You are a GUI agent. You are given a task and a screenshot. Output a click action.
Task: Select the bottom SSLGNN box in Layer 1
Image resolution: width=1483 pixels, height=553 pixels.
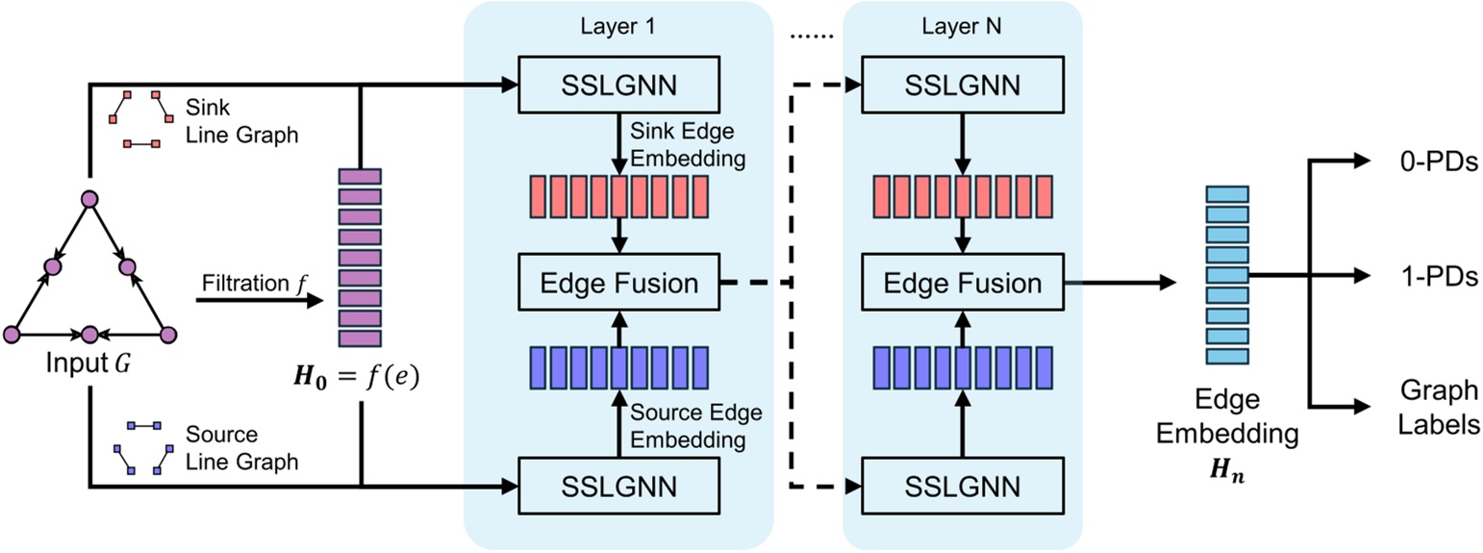[617, 485]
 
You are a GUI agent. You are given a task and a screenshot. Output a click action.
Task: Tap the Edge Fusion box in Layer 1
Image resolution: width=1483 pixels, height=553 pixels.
[617, 284]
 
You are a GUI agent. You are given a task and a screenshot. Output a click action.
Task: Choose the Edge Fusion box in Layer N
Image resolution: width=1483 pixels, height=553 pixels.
[962, 284]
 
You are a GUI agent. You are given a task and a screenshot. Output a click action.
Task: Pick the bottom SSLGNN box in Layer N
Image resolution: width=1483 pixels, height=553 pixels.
[962, 485]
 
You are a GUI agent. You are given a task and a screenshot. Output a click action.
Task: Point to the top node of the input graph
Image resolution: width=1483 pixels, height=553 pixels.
[89, 199]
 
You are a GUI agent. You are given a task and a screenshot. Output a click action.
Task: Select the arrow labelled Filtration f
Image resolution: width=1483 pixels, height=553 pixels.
[258, 300]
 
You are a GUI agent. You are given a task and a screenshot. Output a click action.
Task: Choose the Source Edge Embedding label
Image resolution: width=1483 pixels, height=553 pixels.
[694, 426]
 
